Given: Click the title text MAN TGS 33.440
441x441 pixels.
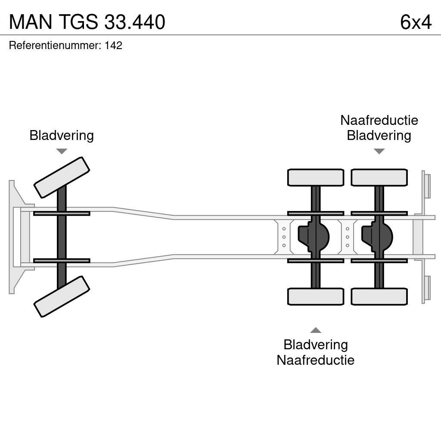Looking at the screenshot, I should point(87,22).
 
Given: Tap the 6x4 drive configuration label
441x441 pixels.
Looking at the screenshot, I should point(415,22).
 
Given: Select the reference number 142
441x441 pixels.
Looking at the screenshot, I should point(113,46).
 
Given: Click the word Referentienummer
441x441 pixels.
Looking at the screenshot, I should point(54,46).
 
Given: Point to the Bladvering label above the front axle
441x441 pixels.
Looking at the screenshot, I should point(62,135).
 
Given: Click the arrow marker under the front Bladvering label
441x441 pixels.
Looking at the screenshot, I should point(62,151).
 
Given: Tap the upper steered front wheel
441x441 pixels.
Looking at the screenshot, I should point(62,177).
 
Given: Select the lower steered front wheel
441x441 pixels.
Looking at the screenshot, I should point(62,296).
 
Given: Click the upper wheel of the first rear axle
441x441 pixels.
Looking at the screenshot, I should point(316,177).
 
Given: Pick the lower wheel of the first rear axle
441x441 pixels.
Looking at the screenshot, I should point(316,296).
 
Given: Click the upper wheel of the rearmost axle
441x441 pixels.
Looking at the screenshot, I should point(379,177).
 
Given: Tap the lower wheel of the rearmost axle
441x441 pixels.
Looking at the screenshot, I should point(379,296).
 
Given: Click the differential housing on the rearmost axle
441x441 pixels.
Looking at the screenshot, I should point(377,236).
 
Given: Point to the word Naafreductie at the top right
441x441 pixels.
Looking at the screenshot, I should point(379,120).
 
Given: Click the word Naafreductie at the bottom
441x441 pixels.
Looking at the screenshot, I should point(315,360).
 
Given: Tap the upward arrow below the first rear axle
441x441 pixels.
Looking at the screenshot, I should point(316,330).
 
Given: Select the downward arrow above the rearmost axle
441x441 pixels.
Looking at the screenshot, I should point(379,151).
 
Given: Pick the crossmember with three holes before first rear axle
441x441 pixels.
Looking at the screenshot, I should point(284,237).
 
